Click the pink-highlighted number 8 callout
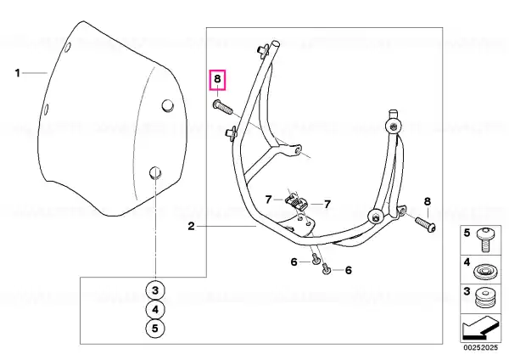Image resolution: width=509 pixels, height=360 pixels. coord(217,79)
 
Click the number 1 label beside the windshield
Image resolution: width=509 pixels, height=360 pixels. coord(18,73)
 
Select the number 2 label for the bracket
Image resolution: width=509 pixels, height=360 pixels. coord(191,226)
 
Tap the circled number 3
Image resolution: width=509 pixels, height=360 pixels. coord(155,290)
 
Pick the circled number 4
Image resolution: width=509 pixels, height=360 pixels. coord(155,309)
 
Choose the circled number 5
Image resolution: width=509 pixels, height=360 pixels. coord(155,328)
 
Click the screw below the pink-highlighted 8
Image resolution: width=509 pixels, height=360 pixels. coord(222,107)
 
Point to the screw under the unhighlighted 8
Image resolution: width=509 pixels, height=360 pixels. coord(426,224)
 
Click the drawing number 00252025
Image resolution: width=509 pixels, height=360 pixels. coord(480,347)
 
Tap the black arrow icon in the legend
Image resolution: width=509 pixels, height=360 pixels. coord(480,329)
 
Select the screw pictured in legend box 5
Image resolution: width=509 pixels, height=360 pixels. coord(485,239)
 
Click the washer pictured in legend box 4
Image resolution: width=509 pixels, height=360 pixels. coord(485,272)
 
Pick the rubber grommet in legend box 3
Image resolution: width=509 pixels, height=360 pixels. coord(484,298)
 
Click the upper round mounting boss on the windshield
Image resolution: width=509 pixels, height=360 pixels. coord(168,105)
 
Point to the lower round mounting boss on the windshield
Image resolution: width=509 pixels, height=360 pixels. coord(155,172)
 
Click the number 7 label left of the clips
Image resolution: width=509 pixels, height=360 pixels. coord(268,200)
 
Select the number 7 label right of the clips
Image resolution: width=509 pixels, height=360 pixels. coord(327,204)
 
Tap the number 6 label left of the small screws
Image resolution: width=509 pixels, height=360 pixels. coord(294,262)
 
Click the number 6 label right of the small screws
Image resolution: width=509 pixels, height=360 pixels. coord(349,270)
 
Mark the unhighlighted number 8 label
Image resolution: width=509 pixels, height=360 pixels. coord(428,201)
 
